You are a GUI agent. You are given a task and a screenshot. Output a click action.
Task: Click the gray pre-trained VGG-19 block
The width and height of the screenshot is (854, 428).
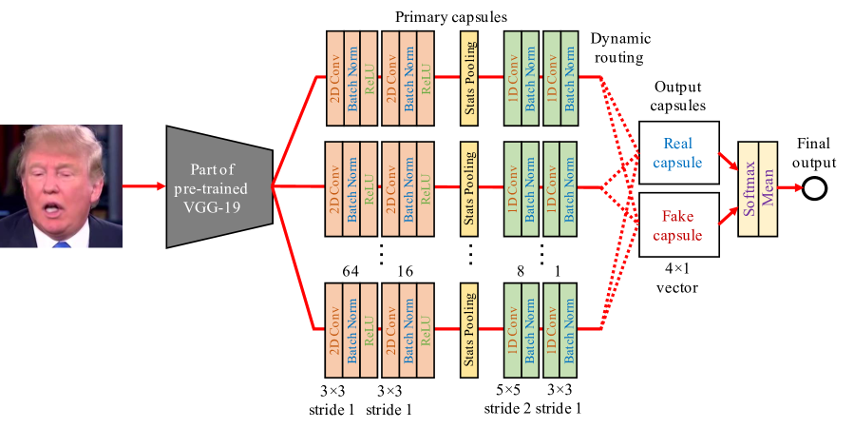click(218, 185)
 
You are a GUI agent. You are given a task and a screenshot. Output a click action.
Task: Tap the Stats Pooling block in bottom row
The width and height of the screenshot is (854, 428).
click(469, 330)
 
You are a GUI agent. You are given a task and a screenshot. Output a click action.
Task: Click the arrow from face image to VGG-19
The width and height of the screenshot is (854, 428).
click(142, 186)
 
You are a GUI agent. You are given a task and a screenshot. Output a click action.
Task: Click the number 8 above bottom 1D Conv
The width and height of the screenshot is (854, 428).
click(521, 272)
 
